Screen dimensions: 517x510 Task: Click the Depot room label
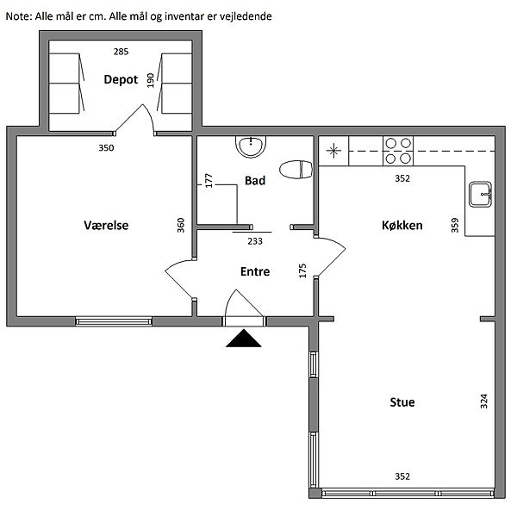pyautogui.click(x=121, y=80)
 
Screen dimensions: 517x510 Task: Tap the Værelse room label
pyautogui.click(x=106, y=225)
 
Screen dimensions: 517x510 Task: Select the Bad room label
pyautogui.click(x=255, y=181)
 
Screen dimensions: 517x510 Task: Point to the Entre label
pyautogui.click(x=255, y=271)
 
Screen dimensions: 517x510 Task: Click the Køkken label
pyautogui.click(x=402, y=225)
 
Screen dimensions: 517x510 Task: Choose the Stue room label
pyautogui.click(x=402, y=402)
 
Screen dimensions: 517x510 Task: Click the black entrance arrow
pyautogui.click(x=244, y=339)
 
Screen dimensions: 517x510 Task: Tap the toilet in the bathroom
pyautogui.click(x=296, y=170)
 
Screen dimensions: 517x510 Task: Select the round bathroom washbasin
pyautogui.click(x=251, y=146)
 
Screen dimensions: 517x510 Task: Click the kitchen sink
pyautogui.click(x=480, y=194)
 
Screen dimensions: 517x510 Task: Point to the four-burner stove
pyautogui.click(x=398, y=151)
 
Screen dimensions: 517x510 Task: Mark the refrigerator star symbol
pyautogui.click(x=333, y=151)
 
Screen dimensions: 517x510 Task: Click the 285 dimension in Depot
pyautogui.click(x=121, y=52)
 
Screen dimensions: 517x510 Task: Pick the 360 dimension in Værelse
pyautogui.click(x=181, y=225)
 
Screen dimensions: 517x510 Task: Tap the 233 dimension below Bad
pyautogui.click(x=255, y=241)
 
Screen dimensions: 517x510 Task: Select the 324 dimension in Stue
pyautogui.click(x=483, y=401)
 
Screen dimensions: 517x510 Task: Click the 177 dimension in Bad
pyautogui.click(x=209, y=181)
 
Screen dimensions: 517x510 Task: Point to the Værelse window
pyautogui.click(x=114, y=321)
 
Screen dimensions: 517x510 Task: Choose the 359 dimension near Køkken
pyautogui.click(x=455, y=225)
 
